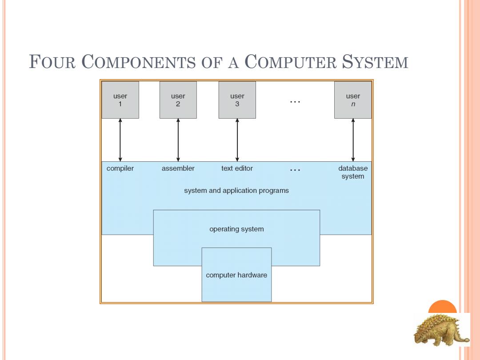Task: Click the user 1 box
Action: coord(120,100)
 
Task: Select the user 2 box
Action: coord(178,100)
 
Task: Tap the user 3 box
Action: coord(237,100)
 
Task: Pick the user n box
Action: coord(353,100)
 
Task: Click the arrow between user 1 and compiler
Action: coord(120,140)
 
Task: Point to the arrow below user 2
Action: coord(178,140)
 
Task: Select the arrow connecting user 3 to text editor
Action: coord(237,140)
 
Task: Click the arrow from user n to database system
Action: coord(353,140)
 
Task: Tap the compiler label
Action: coord(120,168)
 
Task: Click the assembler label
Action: coord(178,168)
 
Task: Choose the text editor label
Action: coord(237,168)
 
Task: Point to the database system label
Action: coord(353,172)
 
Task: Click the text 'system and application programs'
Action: coord(236,190)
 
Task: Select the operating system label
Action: coord(236,229)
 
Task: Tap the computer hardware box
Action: coord(236,275)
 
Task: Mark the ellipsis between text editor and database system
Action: coord(295,170)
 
